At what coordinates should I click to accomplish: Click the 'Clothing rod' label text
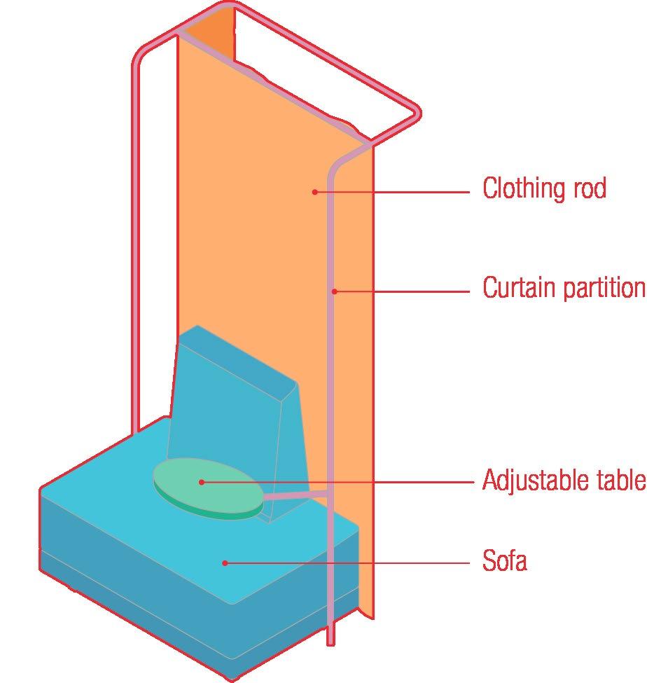(544, 188)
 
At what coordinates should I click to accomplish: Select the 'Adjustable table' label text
(564, 481)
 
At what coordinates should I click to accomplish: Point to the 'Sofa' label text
(504, 560)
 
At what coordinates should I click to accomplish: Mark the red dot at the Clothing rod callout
(315, 191)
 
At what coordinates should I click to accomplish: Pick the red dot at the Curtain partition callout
(335, 291)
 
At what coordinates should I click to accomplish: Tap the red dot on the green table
(201, 482)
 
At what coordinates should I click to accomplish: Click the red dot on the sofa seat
(225, 562)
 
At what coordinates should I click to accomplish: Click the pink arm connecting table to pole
(294, 497)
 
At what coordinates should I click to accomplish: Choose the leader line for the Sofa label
(350, 562)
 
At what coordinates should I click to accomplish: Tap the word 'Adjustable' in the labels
(532, 481)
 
